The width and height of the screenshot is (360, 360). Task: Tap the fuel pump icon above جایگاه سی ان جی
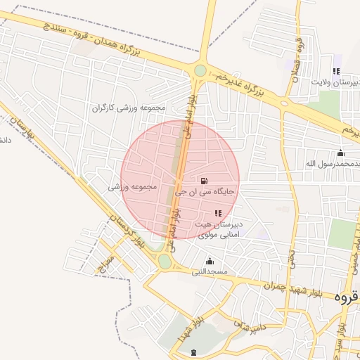(204, 181)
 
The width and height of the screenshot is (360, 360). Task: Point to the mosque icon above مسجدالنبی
(209, 262)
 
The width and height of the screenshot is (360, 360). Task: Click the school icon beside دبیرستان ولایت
(336, 71)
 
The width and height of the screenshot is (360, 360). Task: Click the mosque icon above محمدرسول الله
(341, 153)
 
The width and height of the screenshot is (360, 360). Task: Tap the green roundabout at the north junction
(200, 70)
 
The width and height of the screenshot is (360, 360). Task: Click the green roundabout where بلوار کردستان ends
(165, 262)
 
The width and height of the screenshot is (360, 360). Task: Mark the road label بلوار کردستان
(129, 236)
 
